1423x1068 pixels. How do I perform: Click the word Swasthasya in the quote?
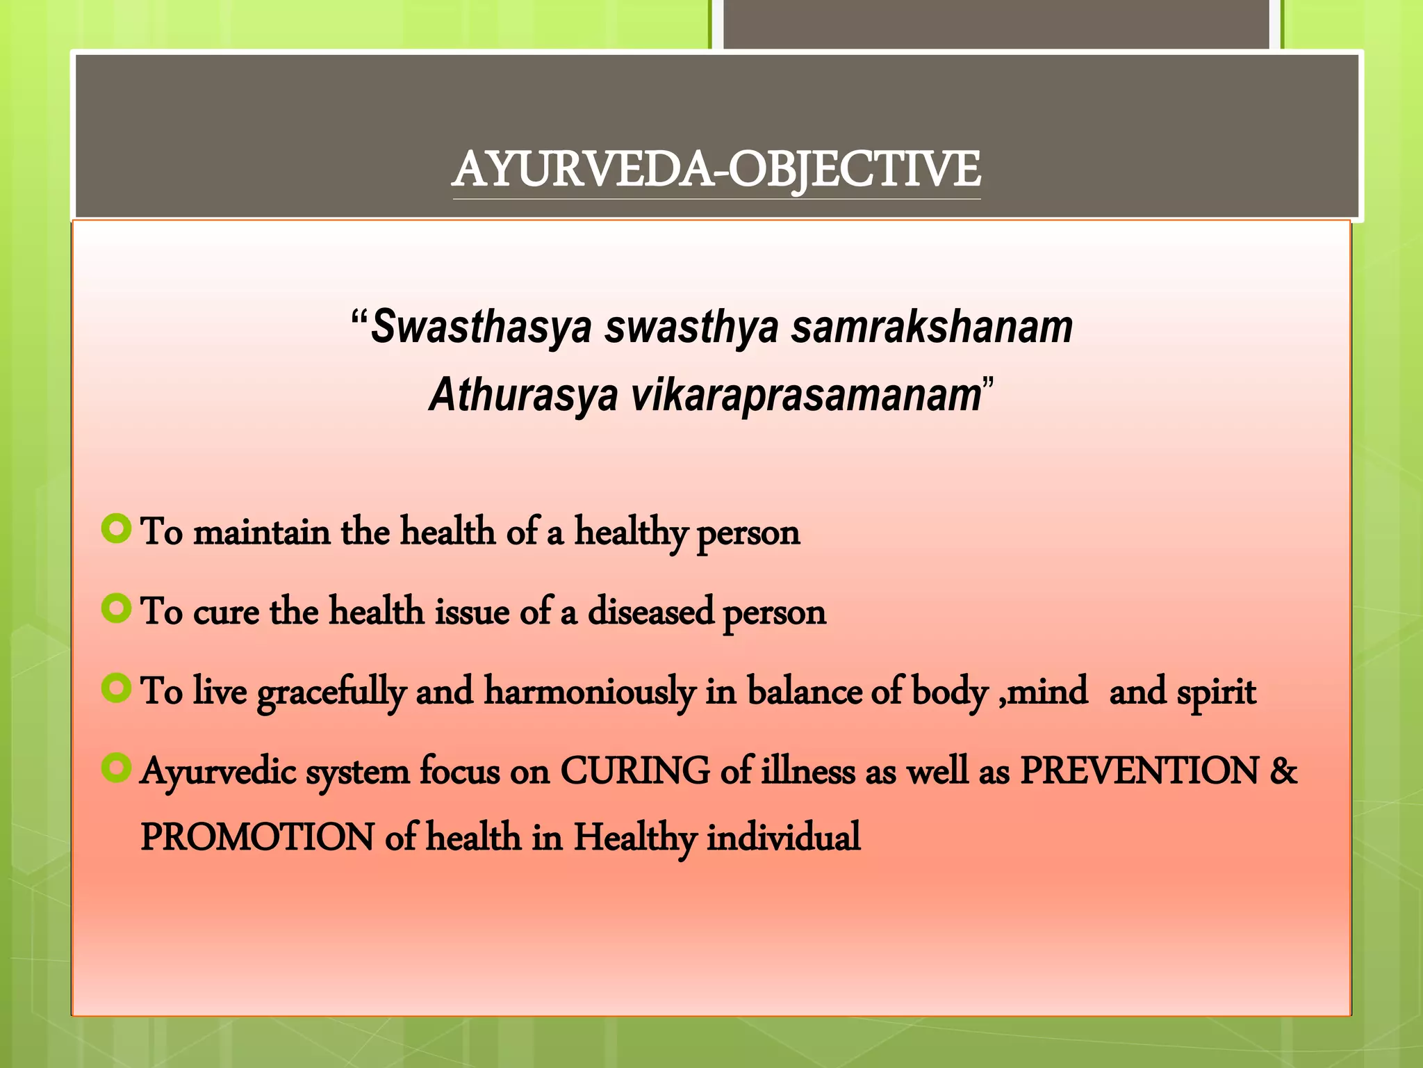[481, 327]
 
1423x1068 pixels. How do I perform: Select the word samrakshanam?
[932, 327]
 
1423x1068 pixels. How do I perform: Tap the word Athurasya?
[523, 395]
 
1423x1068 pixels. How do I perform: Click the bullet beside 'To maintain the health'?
[116, 529]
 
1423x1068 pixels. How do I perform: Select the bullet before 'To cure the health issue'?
[116, 609]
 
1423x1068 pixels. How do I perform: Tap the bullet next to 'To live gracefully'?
[116, 689]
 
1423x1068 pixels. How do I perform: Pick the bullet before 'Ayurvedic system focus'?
[116, 768]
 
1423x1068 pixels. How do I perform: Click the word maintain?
[261, 533]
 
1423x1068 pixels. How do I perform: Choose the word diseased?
[650, 612]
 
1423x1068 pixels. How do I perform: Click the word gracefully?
[331, 693]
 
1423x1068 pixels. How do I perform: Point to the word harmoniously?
[589, 693]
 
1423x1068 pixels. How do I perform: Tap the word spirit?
[1217, 693]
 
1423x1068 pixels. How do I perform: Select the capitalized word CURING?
[635, 772]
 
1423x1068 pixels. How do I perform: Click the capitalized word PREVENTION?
[1140, 772]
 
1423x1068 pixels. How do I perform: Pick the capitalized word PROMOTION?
[257, 837]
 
